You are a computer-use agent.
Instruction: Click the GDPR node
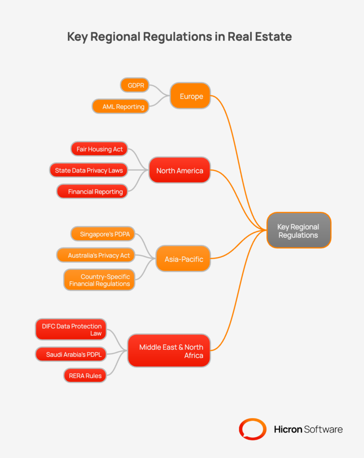tap(135, 85)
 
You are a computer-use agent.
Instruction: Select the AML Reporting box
tap(120, 106)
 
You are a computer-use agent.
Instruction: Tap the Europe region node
tap(190, 96)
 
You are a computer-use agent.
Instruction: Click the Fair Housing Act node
tap(99, 149)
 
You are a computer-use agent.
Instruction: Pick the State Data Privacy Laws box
tap(89, 170)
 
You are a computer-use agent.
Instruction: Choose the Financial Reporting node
tap(92, 191)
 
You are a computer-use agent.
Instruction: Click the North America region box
tap(180, 170)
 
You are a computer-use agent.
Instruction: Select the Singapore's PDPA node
tap(103, 234)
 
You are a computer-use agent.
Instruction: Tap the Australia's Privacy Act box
tap(96, 255)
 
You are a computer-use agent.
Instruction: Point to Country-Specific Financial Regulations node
tap(99, 280)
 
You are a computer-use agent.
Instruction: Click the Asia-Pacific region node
tap(183, 259)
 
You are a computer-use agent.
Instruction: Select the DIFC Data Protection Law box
tap(71, 330)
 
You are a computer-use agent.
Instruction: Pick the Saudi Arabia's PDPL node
tap(71, 354)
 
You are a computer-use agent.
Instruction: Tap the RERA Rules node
tap(85, 376)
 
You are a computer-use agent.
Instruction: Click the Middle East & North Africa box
tap(169, 351)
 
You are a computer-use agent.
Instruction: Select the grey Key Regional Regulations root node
tap(299, 230)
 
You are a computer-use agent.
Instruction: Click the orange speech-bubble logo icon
tap(253, 429)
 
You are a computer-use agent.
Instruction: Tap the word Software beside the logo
tap(323, 429)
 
